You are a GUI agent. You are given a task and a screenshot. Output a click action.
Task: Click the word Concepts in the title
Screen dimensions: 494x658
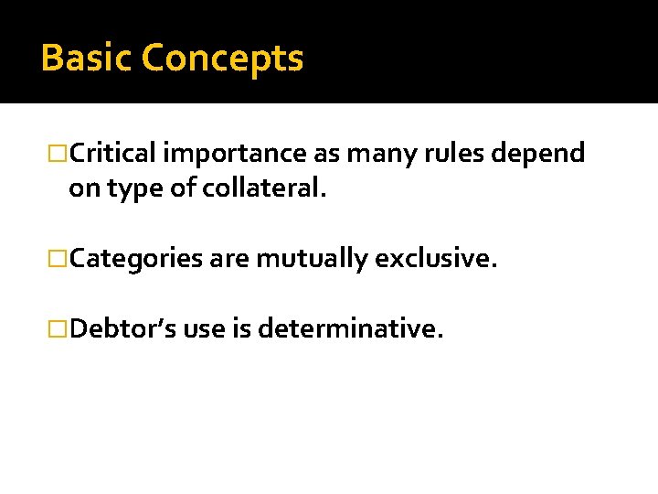pyautogui.click(x=222, y=59)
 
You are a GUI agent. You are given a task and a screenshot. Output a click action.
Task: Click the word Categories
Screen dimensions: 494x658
pyautogui.click(x=136, y=259)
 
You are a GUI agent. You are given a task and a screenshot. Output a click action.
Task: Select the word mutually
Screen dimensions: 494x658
pyautogui.click(x=311, y=259)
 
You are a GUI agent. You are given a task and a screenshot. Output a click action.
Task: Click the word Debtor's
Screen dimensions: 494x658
pyautogui.click(x=123, y=328)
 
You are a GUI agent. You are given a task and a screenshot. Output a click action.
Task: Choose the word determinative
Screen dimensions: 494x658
pyautogui.click(x=352, y=328)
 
